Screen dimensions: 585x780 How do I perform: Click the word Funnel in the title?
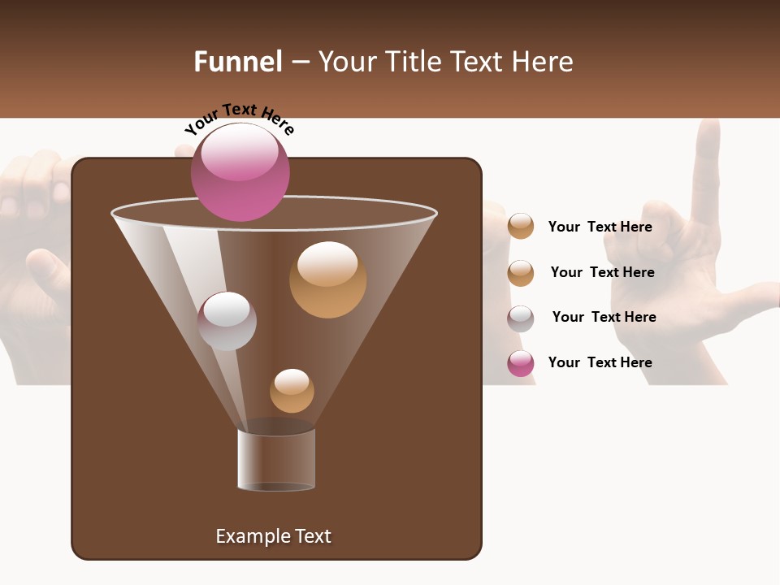coord(237,62)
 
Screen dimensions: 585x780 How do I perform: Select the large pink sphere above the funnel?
coord(240,172)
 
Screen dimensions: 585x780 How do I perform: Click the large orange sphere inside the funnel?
coord(327,279)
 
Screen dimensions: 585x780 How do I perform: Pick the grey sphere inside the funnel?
coord(227,321)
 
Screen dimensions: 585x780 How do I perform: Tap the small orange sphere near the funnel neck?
coord(292,391)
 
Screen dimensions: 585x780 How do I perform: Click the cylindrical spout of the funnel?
coord(276,460)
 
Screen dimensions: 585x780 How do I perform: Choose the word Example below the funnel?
coord(251,536)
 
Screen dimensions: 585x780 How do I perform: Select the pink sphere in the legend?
coord(521,363)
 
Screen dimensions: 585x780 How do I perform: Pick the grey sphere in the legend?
coord(521,318)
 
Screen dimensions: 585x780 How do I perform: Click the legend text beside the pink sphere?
coord(600,362)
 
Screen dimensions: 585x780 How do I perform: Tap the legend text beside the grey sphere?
coord(604,317)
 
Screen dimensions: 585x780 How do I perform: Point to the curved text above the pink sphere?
coord(239,117)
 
